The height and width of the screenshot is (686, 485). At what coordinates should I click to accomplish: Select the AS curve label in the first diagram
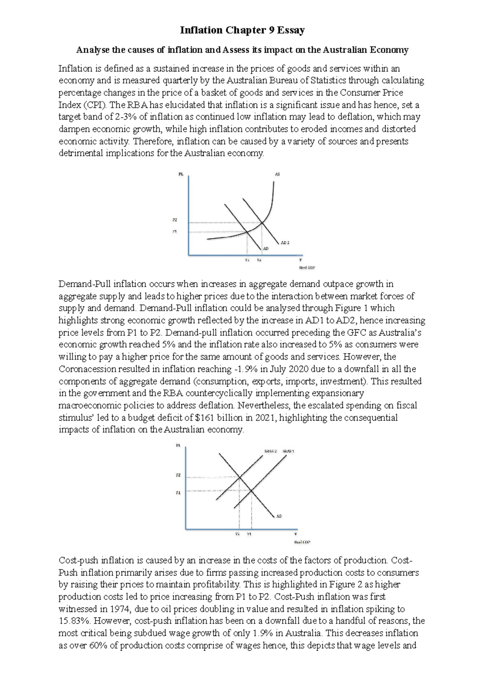click(277, 174)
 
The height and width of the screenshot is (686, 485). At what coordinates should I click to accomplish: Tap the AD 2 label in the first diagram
click(285, 243)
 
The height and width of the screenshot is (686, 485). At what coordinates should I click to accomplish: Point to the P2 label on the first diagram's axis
click(175, 220)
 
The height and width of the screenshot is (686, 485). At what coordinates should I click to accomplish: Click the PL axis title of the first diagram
click(181, 174)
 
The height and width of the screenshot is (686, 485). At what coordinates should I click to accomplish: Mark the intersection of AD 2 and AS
click(262, 222)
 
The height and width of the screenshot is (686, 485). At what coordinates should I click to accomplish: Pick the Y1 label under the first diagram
click(247, 261)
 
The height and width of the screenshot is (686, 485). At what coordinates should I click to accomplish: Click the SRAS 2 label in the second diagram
click(270, 451)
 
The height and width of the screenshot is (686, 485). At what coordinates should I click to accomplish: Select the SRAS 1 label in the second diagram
click(289, 451)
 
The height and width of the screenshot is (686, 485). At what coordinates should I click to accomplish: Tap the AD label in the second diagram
click(279, 516)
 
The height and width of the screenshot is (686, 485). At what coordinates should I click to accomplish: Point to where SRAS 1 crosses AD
click(251, 491)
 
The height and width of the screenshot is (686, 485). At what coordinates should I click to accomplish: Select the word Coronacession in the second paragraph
click(87, 369)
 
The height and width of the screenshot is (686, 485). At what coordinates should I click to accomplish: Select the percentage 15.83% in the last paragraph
click(73, 621)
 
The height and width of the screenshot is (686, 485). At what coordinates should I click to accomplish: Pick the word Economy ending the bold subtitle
click(391, 50)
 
